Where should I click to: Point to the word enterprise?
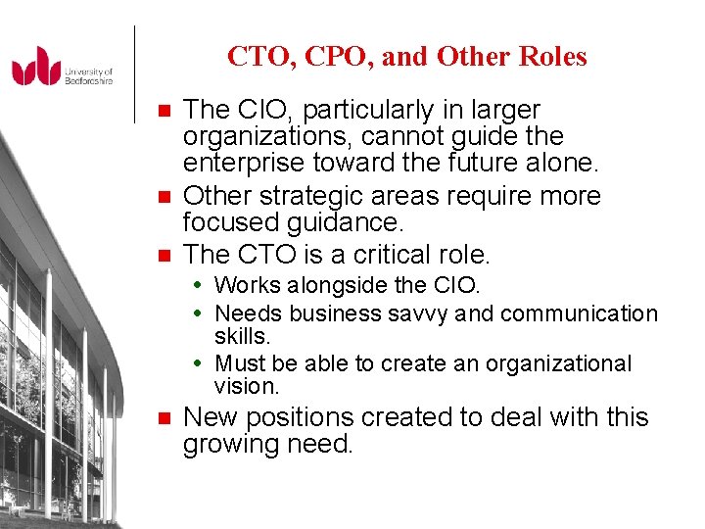click(240, 162)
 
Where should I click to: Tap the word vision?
click(245, 387)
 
